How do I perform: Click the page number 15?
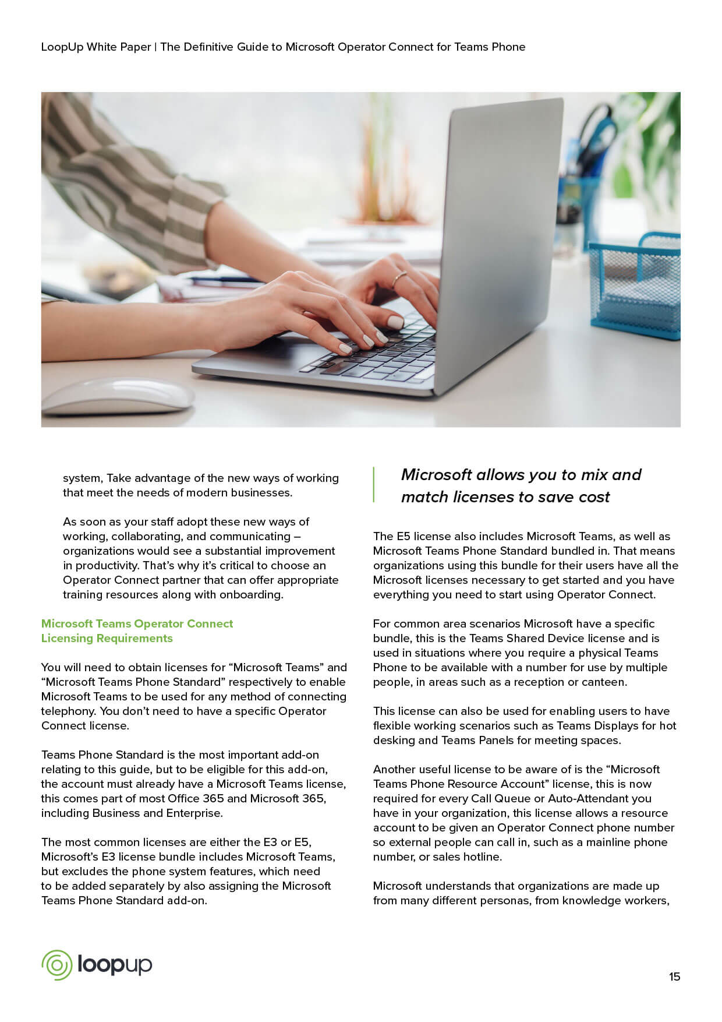(x=674, y=977)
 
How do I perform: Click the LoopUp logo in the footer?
(x=97, y=965)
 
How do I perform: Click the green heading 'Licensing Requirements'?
(x=107, y=638)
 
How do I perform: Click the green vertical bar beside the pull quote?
(x=373, y=484)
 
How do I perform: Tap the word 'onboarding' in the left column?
(x=250, y=594)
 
